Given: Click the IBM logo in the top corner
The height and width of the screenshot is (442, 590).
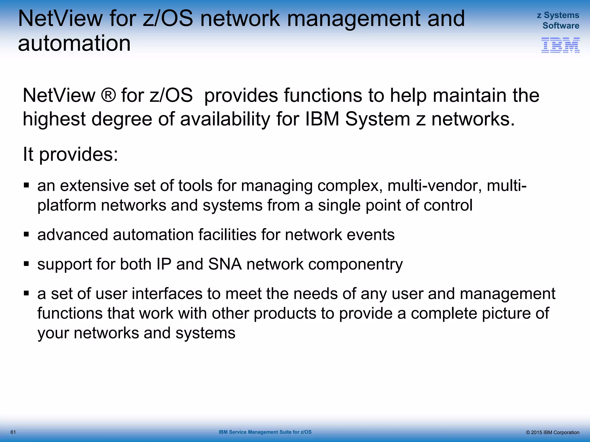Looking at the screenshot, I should pos(560,45).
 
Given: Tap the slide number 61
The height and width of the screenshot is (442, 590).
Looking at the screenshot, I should pos(13,432).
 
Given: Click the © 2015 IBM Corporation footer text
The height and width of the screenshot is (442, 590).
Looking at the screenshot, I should pos(552,432).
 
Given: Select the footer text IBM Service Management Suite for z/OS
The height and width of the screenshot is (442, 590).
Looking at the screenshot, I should pos(265,432).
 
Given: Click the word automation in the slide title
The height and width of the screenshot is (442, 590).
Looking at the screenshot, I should pos(74,43).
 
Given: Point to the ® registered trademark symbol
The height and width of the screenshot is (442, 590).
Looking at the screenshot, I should pos(108,95).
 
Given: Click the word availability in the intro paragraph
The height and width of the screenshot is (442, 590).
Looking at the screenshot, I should pos(225,119).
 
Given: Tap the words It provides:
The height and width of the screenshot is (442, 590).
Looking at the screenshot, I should pos(70,154).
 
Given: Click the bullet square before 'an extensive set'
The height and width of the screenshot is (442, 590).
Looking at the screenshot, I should pos(27,185).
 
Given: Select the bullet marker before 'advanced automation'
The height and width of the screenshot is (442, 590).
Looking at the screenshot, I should pos(27,234).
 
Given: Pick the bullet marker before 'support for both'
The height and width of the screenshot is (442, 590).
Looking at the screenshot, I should pos(27,264).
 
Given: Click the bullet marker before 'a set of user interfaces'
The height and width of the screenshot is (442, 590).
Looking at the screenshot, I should pos(27,293).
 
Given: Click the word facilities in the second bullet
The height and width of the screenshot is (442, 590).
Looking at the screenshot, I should pos(227,235).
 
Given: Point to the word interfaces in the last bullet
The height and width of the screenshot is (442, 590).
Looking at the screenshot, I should pos(167,294).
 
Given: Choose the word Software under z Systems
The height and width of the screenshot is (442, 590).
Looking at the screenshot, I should pos(561,26).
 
